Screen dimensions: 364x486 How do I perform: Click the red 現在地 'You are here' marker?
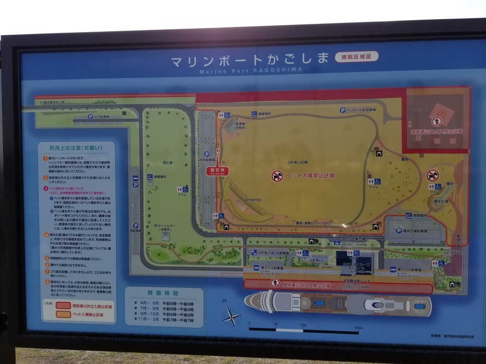pos(217,171)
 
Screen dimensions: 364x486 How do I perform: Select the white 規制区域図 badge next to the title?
pos(356,57)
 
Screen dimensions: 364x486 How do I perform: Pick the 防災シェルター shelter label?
pos(165,228)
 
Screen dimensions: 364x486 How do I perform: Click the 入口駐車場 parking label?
pos(101,116)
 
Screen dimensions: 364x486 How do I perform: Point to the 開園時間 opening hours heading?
pos(163,293)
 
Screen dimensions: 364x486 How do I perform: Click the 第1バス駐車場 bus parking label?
pos(409,269)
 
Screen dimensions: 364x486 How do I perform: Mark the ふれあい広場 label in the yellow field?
pos(296,162)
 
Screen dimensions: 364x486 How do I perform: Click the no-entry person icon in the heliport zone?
pos(436,121)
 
